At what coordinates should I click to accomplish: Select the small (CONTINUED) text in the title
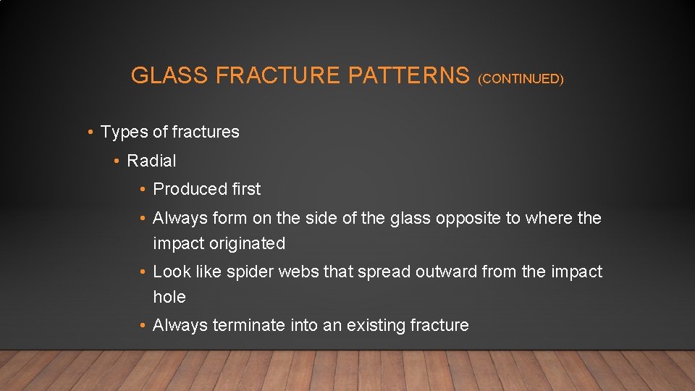[521, 78]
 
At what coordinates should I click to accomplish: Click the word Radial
[151, 161]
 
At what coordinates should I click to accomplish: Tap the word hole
[169, 297]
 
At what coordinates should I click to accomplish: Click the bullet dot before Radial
[116, 161]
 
